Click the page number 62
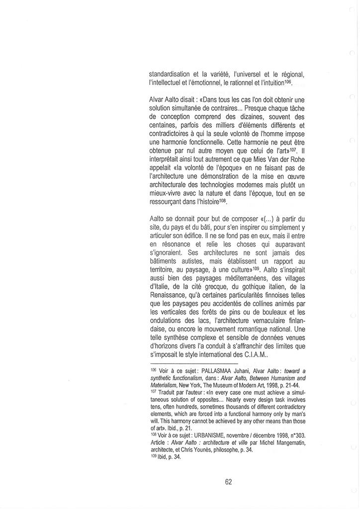tap(229, 481)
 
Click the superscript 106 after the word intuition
tap(288, 80)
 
